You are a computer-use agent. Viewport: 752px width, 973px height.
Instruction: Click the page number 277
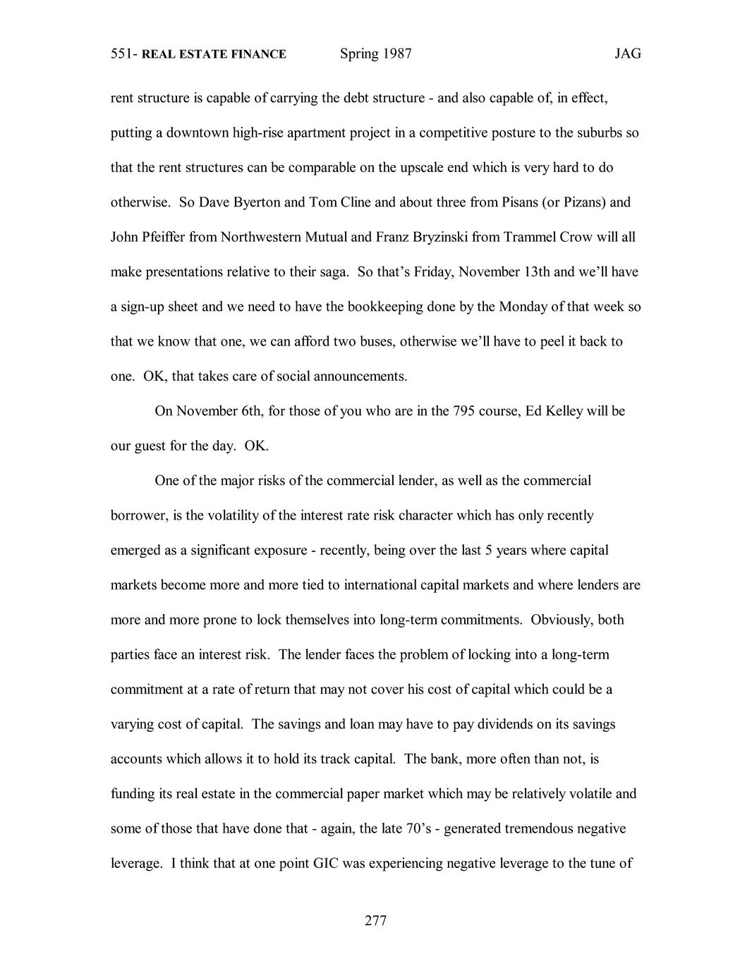pos(375,920)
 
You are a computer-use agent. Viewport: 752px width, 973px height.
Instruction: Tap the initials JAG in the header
pos(627,54)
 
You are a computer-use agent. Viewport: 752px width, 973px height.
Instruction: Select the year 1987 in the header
pos(396,54)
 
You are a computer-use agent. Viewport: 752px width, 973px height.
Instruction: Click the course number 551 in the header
pos(123,54)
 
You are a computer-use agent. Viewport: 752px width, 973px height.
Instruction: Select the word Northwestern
pos(260,237)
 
